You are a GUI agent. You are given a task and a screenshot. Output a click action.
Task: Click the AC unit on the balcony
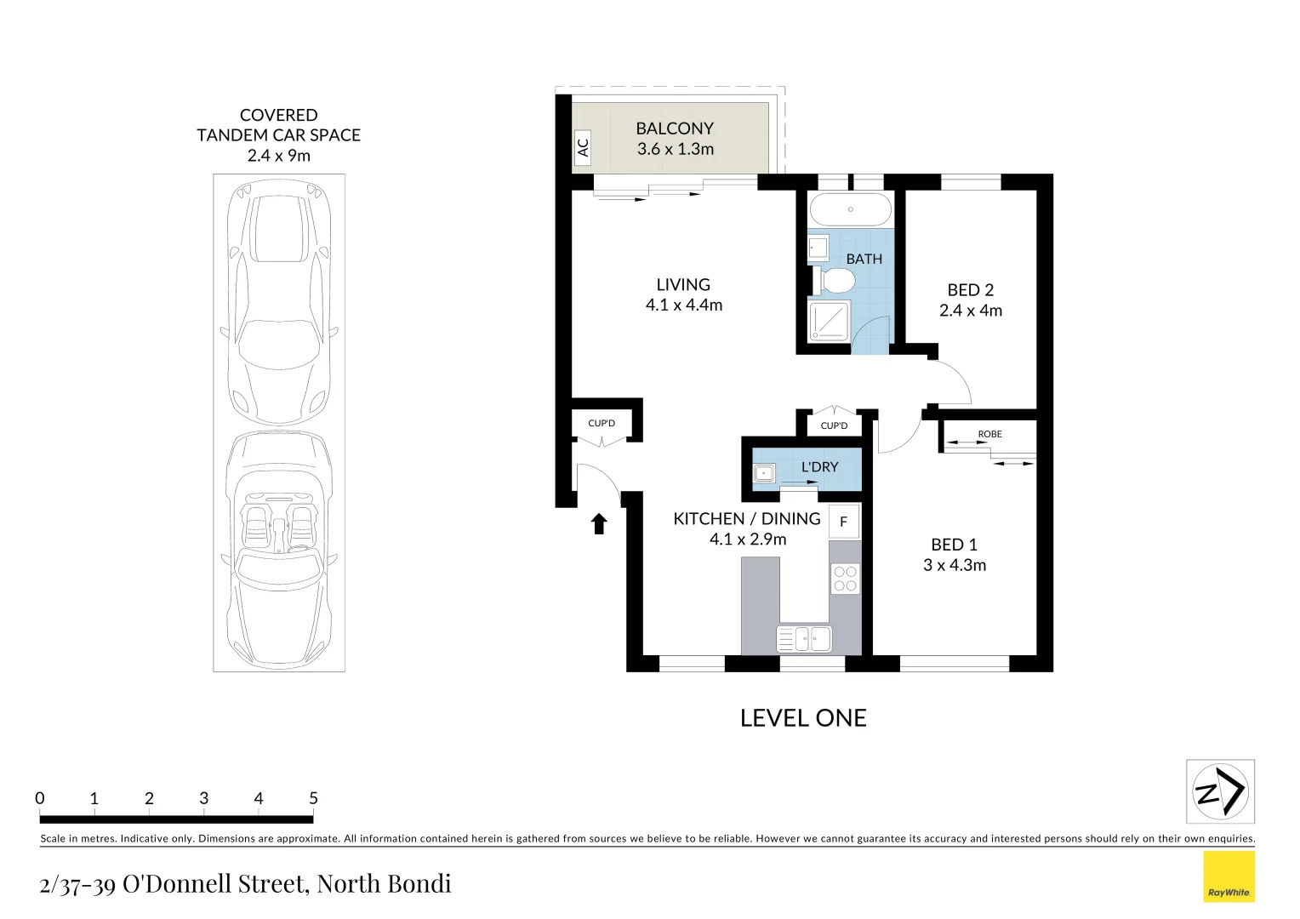583,148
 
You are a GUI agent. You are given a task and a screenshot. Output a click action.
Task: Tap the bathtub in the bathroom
850,209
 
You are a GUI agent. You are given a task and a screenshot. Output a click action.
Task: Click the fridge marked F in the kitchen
843,522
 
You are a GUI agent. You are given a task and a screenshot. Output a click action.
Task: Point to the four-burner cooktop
845,579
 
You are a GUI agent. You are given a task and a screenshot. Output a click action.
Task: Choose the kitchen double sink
804,638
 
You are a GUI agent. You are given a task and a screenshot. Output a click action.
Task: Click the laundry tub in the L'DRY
763,473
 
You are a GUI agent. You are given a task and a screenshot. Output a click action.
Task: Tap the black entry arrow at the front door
599,523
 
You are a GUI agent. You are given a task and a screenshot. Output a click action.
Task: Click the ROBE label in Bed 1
989,434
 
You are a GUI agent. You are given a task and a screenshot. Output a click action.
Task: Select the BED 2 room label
971,290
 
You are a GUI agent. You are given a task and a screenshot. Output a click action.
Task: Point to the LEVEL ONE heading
803,718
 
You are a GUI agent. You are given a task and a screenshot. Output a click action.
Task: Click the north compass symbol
1220,792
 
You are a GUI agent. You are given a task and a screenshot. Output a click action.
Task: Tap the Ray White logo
1229,877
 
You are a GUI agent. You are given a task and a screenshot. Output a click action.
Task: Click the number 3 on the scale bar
204,798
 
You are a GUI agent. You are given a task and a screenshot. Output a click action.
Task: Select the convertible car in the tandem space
278,549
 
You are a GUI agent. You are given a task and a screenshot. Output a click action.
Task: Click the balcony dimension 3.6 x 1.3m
676,149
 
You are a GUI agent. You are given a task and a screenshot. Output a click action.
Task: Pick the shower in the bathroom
829,321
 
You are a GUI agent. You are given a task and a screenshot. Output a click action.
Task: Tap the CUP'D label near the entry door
602,423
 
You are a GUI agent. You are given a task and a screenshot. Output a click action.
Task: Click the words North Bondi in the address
384,884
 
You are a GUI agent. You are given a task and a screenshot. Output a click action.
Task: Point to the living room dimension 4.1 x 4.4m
684,305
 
